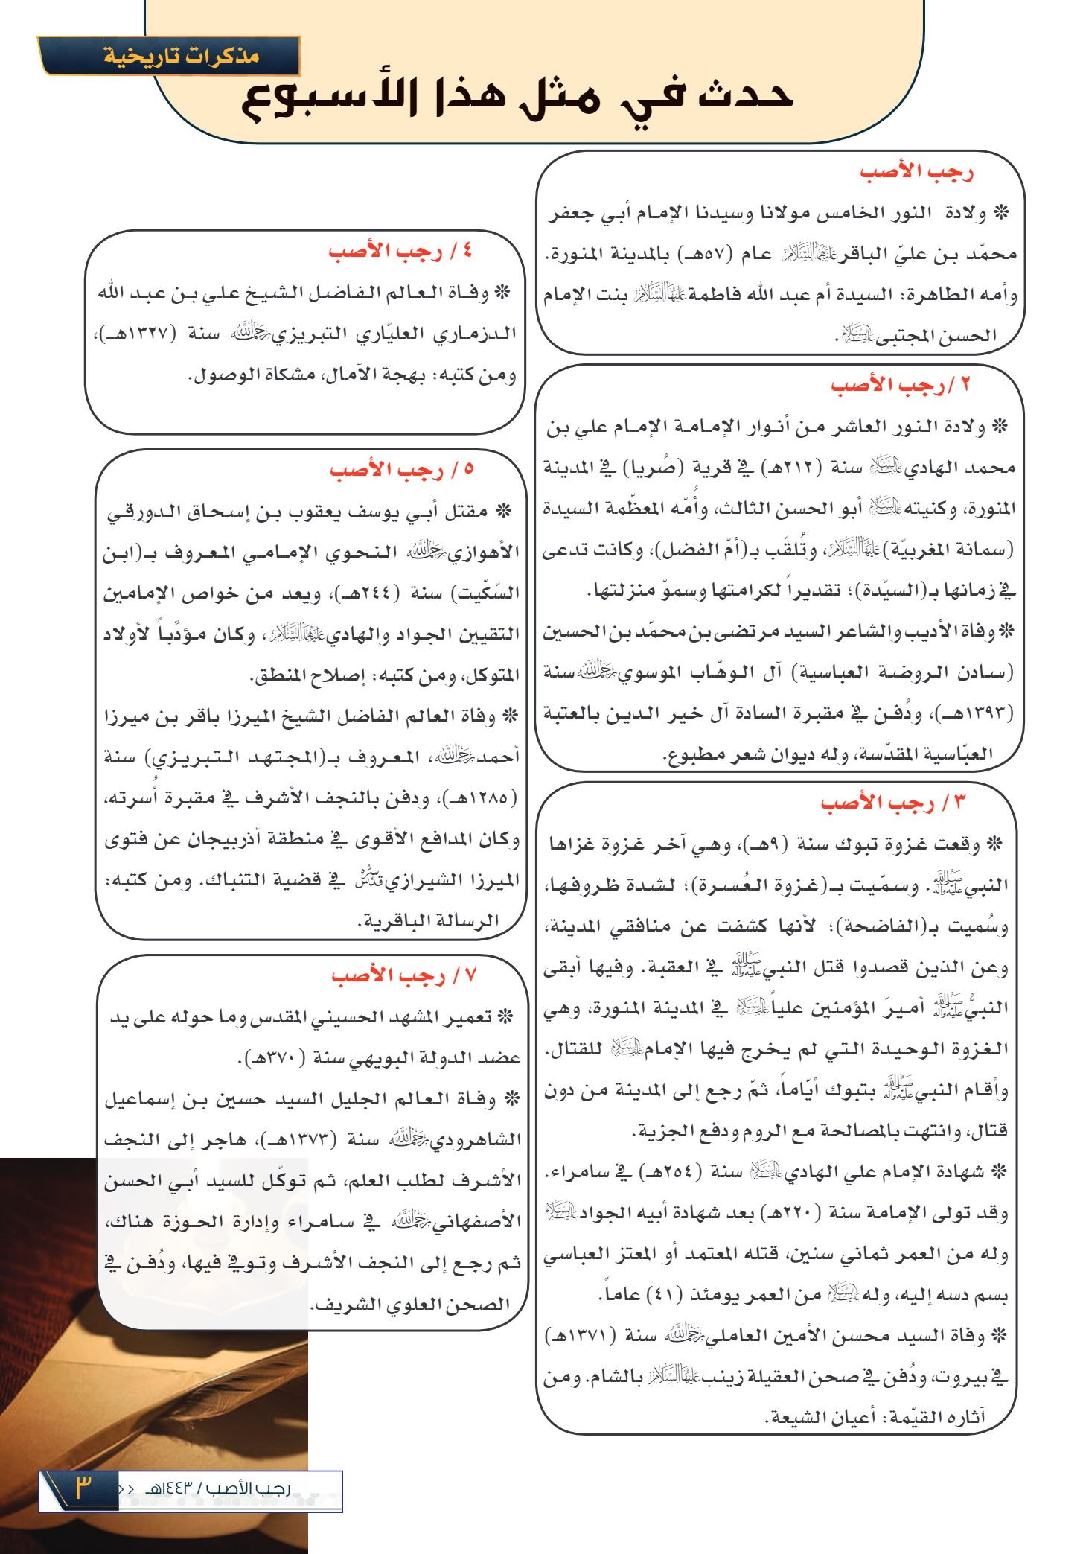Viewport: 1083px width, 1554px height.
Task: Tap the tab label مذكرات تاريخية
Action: coord(181,56)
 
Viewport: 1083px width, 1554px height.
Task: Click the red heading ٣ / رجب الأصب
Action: coord(892,803)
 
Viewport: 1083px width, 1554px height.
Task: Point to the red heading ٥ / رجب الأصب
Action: coord(402,470)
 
